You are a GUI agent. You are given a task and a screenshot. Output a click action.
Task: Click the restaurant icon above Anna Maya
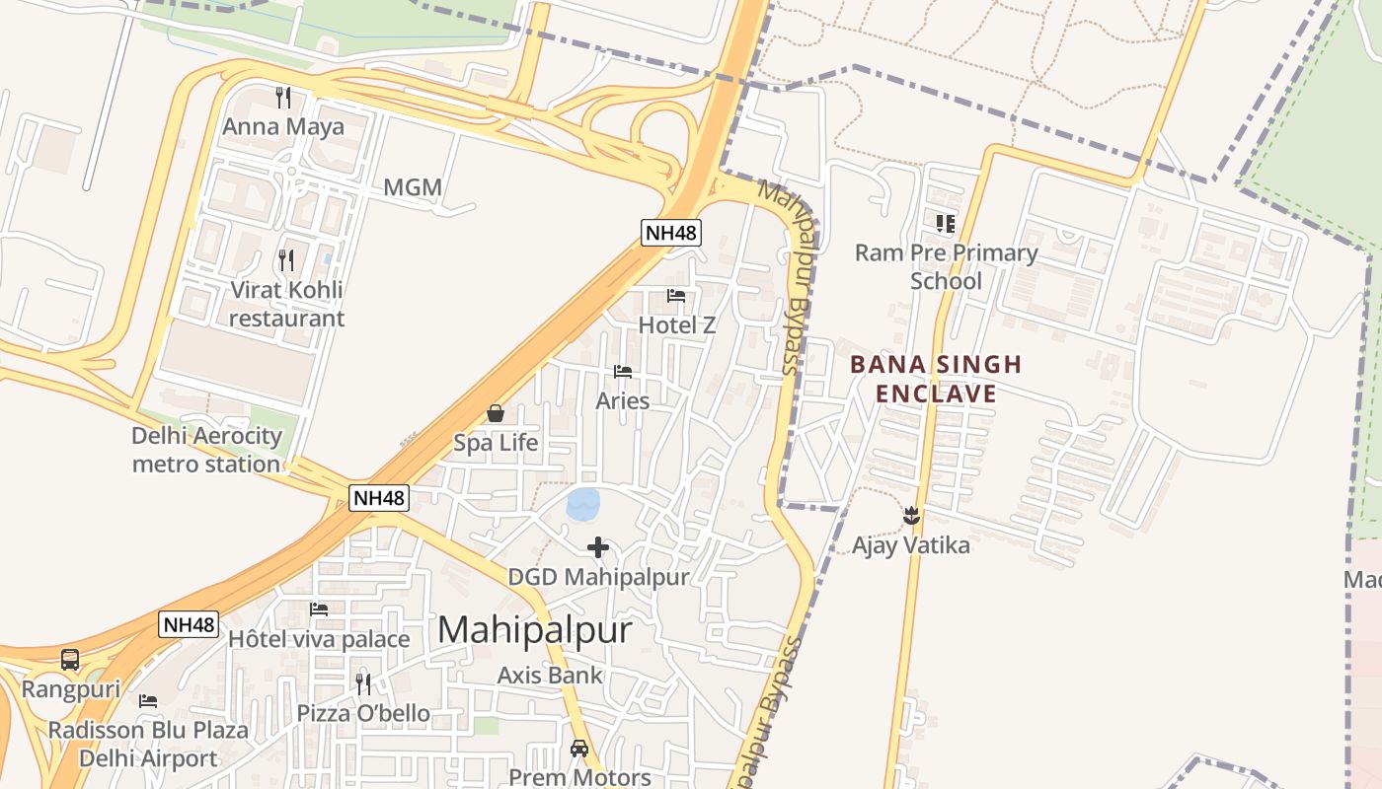pos(283,97)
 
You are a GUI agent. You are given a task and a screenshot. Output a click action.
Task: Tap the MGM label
pos(413,187)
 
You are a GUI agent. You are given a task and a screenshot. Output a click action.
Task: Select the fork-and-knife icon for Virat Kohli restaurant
pos(286,260)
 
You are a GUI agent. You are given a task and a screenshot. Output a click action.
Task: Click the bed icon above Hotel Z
pos(676,295)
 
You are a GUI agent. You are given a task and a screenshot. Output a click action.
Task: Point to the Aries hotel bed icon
pos(623,372)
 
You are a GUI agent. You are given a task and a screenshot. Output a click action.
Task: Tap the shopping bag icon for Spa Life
pos(496,413)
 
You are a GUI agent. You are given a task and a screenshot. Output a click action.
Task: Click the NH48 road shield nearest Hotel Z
pos(671,233)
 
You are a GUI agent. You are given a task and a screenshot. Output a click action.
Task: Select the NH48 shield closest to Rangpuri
pos(188,624)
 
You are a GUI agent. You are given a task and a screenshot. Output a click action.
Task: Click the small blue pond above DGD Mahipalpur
pos(582,504)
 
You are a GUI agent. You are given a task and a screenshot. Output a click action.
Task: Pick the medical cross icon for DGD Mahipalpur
pos(598,547)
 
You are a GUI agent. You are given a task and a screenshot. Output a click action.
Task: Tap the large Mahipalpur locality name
pos(534,629)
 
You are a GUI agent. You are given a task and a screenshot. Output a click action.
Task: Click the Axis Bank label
pos(550,676)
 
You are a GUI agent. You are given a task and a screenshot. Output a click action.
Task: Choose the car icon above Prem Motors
pos(579,749)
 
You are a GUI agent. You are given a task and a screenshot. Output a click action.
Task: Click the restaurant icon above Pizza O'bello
pos(363,683)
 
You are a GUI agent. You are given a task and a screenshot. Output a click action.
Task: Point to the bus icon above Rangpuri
pos(70,660)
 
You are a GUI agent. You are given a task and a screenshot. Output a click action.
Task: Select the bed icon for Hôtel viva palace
pos(319,610)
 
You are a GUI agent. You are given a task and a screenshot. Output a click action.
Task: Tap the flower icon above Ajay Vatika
pos(911,515)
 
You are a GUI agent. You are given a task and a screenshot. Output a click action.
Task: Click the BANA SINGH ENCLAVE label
pos(936,379)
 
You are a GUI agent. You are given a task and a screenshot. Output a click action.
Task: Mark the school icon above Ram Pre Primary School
pos(946,224)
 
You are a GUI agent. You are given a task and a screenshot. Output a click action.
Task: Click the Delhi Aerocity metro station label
pos(206,450)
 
